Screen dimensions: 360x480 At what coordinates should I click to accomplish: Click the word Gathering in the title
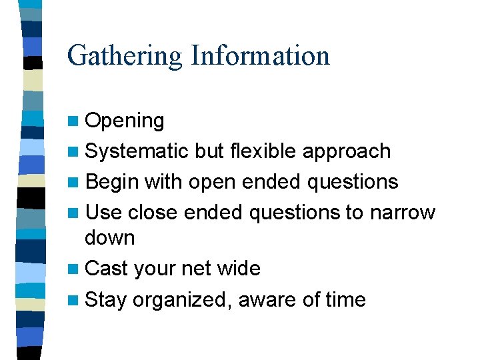pos(125,56)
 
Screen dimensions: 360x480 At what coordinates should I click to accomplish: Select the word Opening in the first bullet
pos(125,121)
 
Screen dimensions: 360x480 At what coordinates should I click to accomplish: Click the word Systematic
pos(137,152)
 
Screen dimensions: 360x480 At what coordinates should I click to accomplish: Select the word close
pos(153,213)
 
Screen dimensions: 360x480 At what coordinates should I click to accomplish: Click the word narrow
pos(402,213)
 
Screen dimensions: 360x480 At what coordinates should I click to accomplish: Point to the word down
pos(110,238)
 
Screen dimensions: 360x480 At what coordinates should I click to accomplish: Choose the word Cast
pos(107,269)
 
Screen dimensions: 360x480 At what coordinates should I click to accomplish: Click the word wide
pos(238,269)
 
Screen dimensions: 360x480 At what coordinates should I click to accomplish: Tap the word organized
pos(182,301)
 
